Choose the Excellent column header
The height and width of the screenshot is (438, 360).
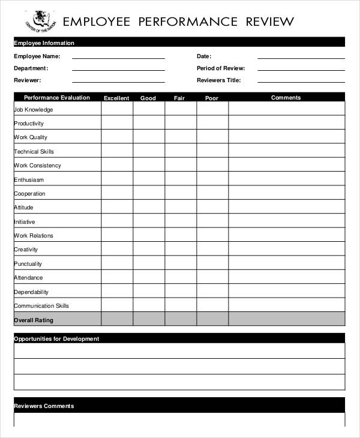(116, 98)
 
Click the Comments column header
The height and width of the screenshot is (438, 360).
(286, 98)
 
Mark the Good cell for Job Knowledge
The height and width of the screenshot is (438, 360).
(148, 109)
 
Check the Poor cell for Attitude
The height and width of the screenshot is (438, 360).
(212, 208)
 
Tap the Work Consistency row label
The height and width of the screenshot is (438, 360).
(37, 166)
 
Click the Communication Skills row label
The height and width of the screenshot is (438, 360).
(41, 306)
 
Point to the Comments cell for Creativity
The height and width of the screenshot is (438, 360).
(286, 250)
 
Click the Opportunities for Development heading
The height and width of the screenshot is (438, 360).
(56, 339)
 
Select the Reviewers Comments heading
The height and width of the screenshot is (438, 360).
(44, 406)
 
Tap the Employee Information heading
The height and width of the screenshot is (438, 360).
(44, 43)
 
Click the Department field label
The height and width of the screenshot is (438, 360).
(31, 68)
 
